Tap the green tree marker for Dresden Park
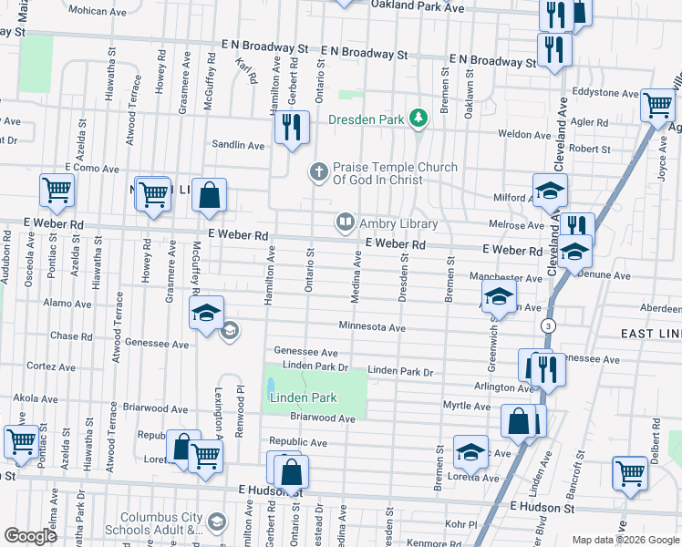tap(418, 118)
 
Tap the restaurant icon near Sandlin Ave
tap(291, 128)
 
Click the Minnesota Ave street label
tap(372, 326)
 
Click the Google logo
tap(30, 536)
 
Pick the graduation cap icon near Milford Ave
tap(550, 190)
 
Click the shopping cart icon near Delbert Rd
tap(629, 472)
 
